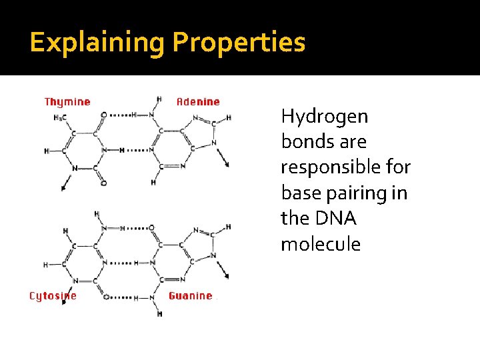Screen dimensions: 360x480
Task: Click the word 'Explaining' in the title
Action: (x=97, y=42)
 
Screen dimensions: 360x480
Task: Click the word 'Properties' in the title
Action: (x=239, y=42)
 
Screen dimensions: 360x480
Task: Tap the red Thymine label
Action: (x=67, y=102)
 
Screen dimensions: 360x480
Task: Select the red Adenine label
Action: (x=198, y=102)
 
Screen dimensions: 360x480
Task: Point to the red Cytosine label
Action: (x=53, y=296)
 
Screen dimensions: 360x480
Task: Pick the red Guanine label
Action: (x=191, y=296)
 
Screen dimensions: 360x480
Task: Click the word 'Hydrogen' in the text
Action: (x=325, y=117)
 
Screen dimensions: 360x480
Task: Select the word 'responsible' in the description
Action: (x=345, y=167)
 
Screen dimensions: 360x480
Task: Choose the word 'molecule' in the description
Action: (x=321, y=244)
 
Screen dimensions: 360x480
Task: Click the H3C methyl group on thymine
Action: (x=60, y=119)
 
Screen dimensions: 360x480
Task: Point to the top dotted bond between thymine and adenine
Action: (x=119, y=115)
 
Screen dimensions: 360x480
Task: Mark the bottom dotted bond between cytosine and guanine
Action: (x=119, y=296)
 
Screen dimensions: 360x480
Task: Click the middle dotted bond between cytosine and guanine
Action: (x=121, y=263)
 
